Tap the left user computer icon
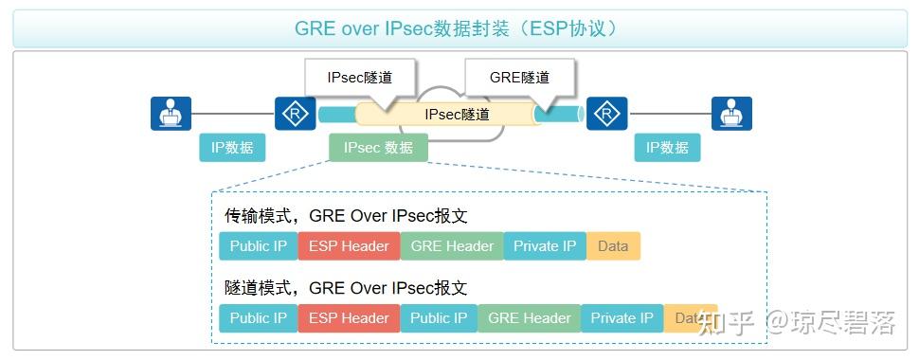(x=171, y=114)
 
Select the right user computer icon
(x=730, y=114)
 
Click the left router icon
(x=295, y=114)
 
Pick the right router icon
(x=606, y=114)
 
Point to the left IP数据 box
(x=232, y=148)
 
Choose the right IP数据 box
(x=667, y=148)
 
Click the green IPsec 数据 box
(x=378, y=148)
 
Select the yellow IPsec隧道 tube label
(x=457, y=115)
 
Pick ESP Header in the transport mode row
(x=349, y=246)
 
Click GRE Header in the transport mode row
(x=452, y=246)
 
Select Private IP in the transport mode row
(x=545, y=246)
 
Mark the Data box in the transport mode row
(x=613, y=246)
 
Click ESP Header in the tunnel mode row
(x=349, y=318)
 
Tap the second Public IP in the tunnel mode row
(x=439, y=318)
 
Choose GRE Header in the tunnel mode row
(x=530, y=318)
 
